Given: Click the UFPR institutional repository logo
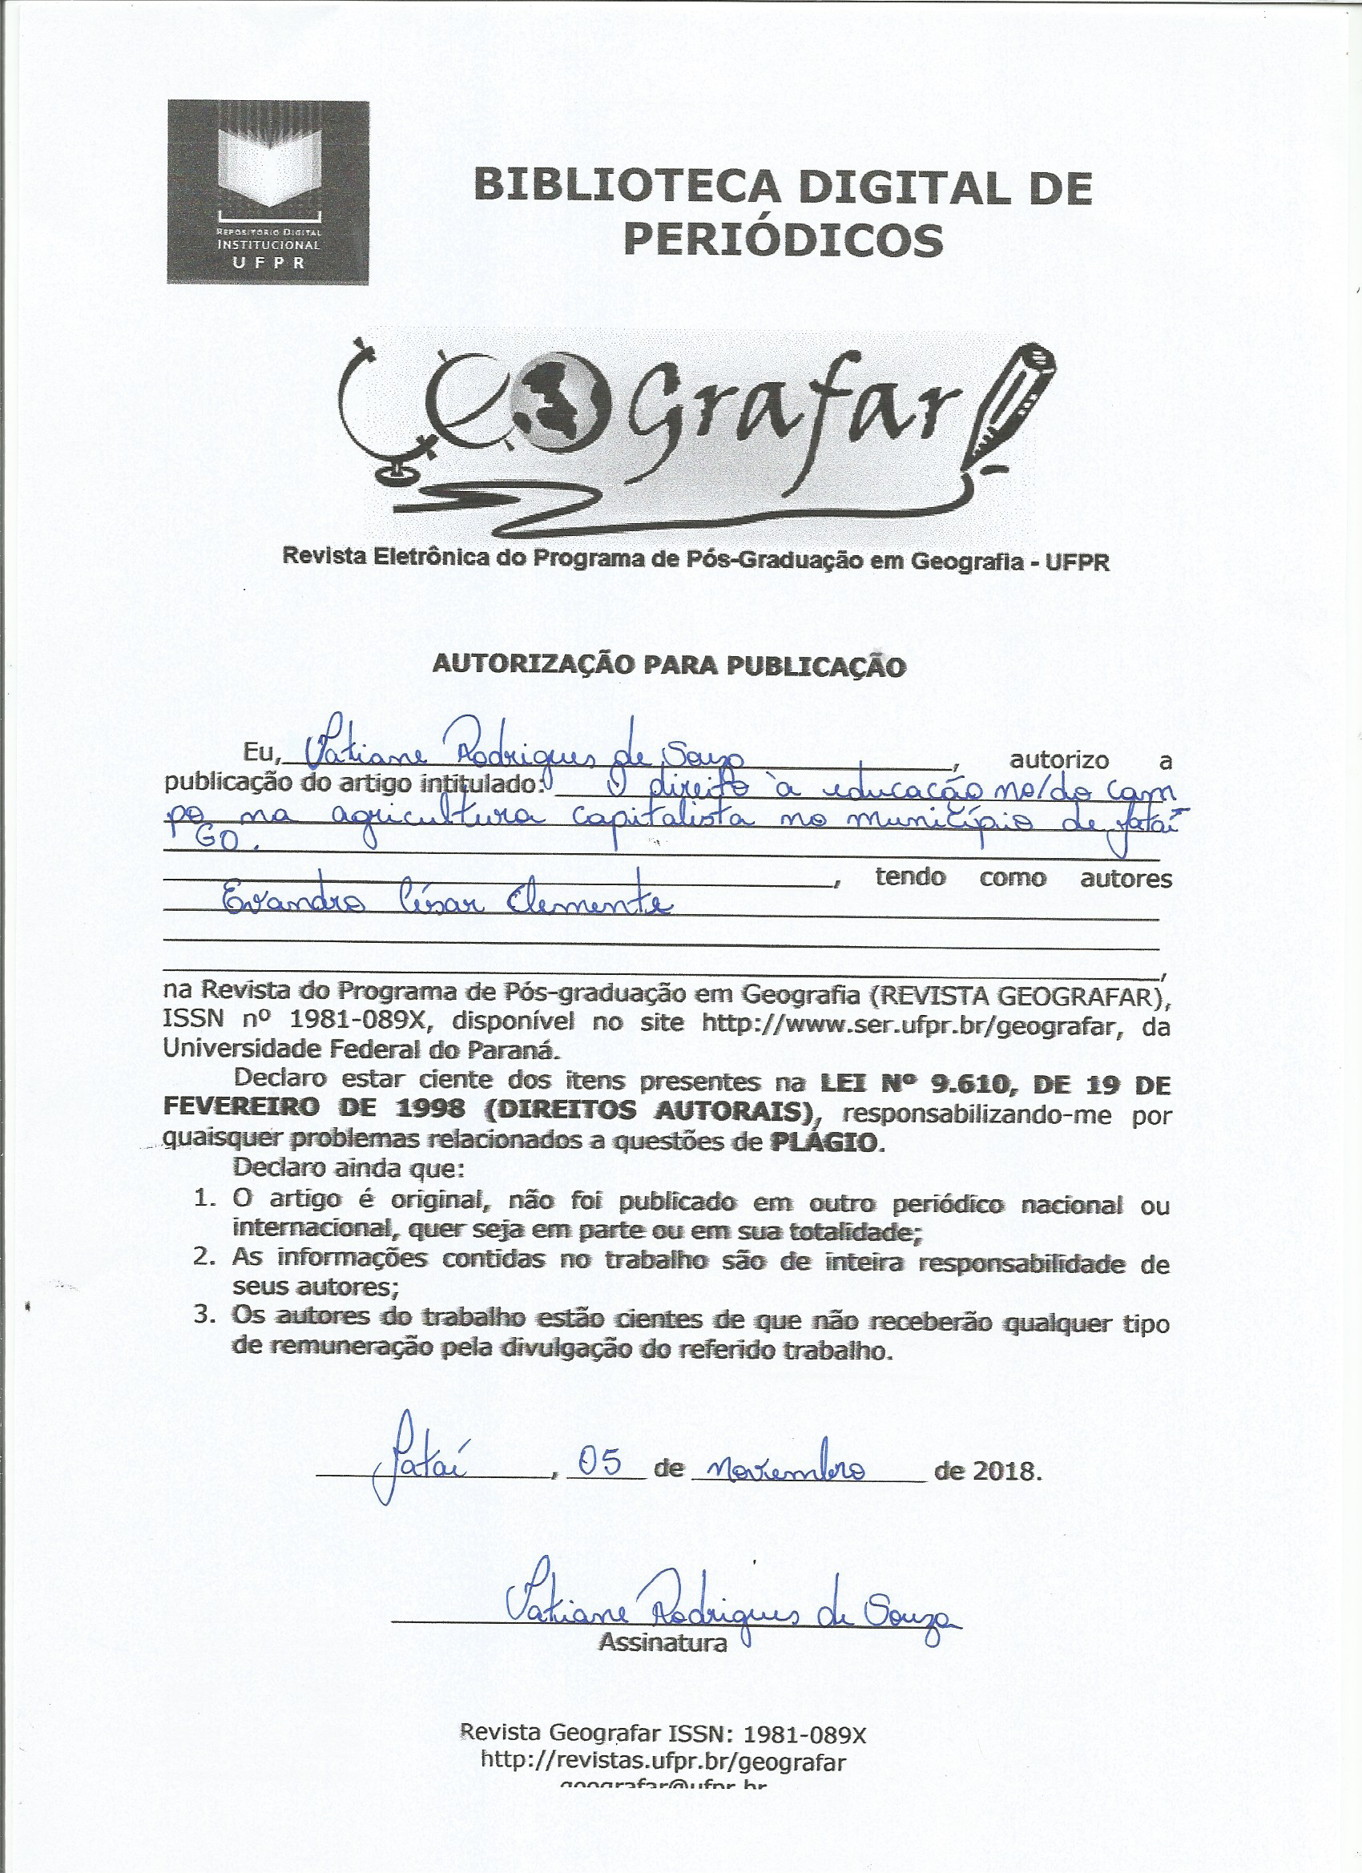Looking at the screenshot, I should pos(268,191).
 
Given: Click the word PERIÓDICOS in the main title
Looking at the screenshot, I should pos(782,240).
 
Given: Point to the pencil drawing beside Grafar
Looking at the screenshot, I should pos(1014,405).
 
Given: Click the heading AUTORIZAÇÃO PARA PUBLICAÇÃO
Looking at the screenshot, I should pos(669,666).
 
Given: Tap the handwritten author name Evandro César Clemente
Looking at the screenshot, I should pos(446,905).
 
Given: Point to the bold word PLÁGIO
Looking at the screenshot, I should pos(823,1143).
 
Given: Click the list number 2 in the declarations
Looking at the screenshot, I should pos(204,1258).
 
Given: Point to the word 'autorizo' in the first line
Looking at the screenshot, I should pos(1060,760).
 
